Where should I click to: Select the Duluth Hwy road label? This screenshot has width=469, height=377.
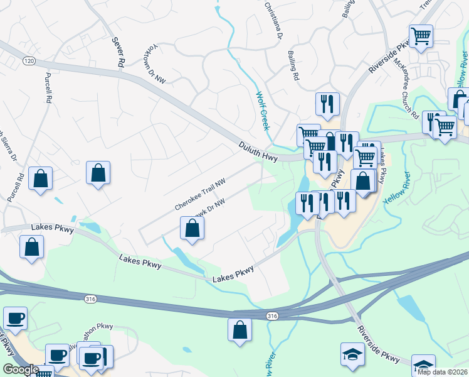[x=257, y=149]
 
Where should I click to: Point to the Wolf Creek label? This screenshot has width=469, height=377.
[x=262, y=111]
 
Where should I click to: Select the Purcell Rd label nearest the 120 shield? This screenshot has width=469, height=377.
[x=49, y=88]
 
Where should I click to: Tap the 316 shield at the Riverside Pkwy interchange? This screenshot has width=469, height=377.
[x=271, y=315]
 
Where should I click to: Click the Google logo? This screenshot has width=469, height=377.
[x=21, y=369]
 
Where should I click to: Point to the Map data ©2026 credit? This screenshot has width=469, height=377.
[x=443, y=372]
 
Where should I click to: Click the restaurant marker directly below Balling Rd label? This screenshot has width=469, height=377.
[x=327, y=103]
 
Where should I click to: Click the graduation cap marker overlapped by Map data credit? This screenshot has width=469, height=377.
[x=423, y=365]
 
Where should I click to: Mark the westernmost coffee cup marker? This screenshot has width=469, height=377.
[x=14, y=317]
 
